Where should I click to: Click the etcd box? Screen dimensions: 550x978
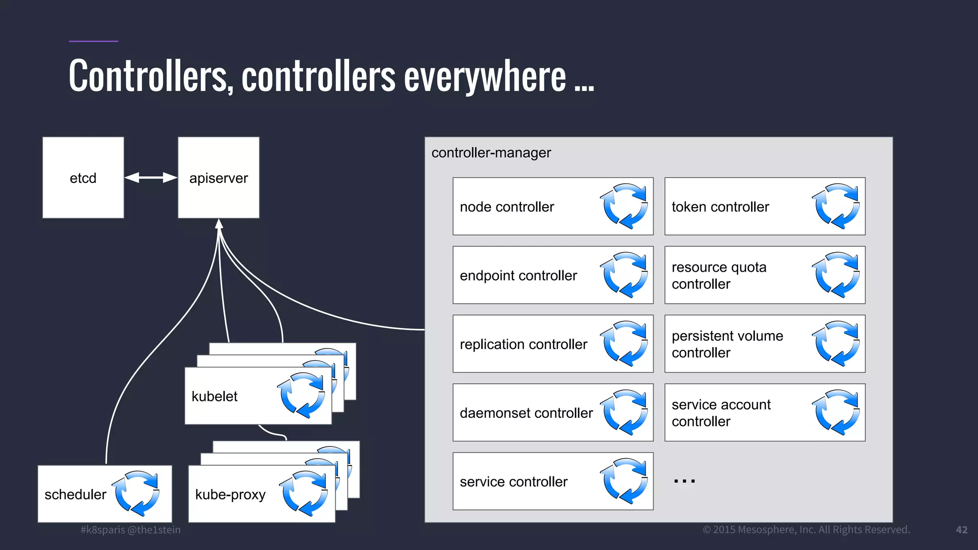pyautogui.click(x=83, y=178)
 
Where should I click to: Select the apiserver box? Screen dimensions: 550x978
pyautogui.click(x=219, y=178)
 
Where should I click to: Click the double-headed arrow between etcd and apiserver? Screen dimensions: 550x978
pyautogui.click(x=151, y=178)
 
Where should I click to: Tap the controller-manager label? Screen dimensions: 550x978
pyautogui.click(x=491, y=153)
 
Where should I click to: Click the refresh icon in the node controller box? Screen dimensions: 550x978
pyautogui.click(x=624, y=206)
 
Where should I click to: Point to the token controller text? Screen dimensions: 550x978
pyautogui.click(x=720, y=207)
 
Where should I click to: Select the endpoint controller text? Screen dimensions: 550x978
pyautogui.click(x=518, y=275)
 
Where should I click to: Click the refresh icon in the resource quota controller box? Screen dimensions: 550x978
pyautogui.click(x=836, y=275)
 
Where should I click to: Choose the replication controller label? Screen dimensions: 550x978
pyautogui.click(x=523, y=344)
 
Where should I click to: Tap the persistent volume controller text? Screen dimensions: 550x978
pyautogui.click(x=727, y=344)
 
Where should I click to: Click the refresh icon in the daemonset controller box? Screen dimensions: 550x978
pyautogui.click(x=624, y=412)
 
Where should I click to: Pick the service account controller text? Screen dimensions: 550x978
pyautogui.click(x=721, y=412)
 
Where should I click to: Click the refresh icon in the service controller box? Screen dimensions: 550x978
pyautogui.click(x=624, y=481)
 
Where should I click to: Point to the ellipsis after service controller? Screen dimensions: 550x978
pyautogui.click(x=684, y=481)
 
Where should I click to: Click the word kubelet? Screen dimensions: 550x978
pyautogui.click(x=214, y=396)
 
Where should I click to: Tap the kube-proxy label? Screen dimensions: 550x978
pyautogui.click(x=230, y=495)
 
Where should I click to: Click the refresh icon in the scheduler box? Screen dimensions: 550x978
pyautogui.click(x=137, y=494)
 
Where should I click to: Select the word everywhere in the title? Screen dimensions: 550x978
pyautogui.click(x=485, y=76)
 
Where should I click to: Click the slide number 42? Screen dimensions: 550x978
pyautogui.click(x=961, y=530)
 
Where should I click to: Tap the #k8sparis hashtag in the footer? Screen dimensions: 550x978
pyautogui.click(x=103, y=530)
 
